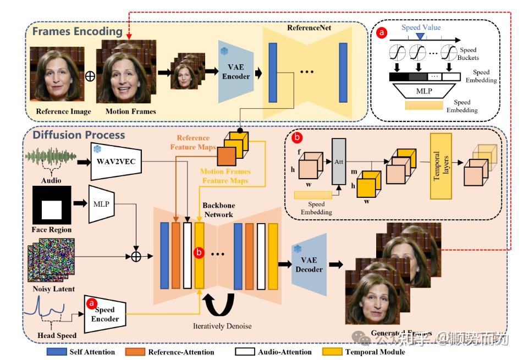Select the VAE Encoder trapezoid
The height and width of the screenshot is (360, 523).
point(235,71)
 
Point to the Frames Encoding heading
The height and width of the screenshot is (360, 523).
point(77,31)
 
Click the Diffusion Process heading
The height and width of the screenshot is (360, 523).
point(79,135)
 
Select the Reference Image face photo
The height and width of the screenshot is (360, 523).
point(60,75)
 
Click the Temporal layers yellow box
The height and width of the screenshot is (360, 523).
point(441,158)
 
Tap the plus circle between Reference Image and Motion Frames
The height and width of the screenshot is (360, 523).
point(90,76)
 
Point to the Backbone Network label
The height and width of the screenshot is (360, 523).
point(219,211)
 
